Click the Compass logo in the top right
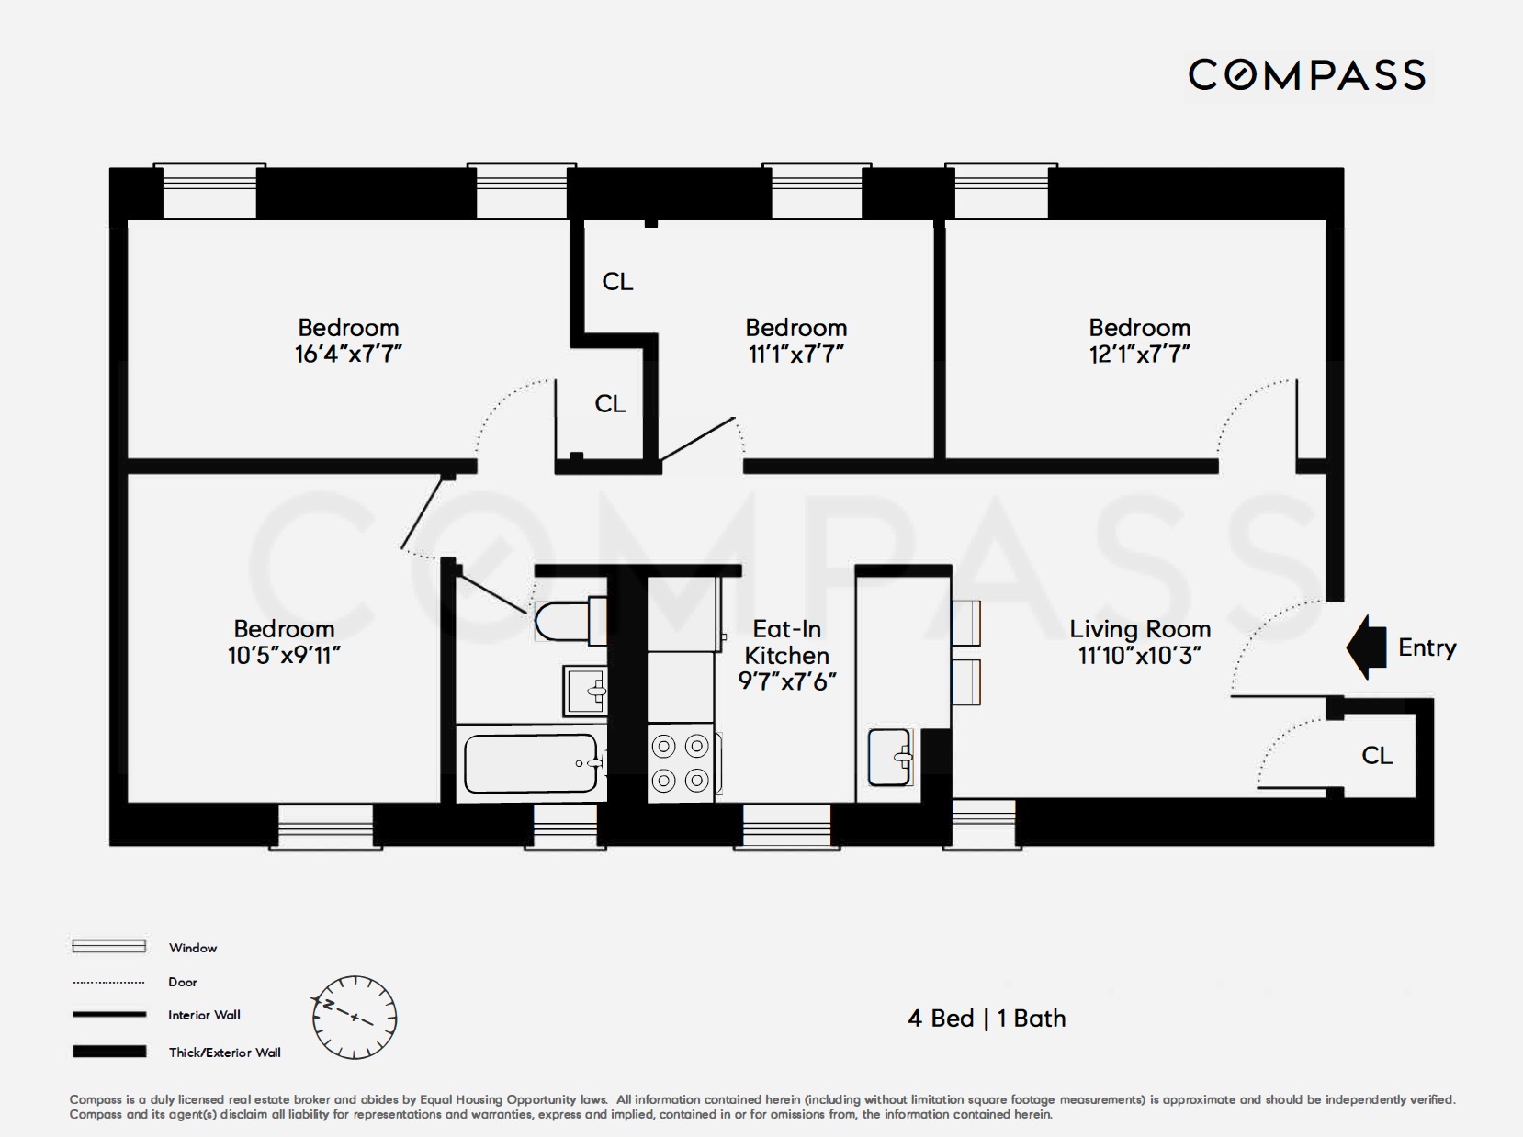[1306, 74]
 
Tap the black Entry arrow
[1366, 647]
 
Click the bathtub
[531, 763]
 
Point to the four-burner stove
[681, 762]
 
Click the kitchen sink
[889, 757]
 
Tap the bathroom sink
[584, 690]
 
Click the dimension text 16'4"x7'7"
[348, 355]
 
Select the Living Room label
[1139, 629]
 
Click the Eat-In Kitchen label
[786, 642]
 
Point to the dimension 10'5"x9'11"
[284, 656]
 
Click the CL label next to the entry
[1376, 755]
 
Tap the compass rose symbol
[355, 1017]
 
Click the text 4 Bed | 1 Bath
[987, 1019]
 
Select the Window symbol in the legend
[108, 946]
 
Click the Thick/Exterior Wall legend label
[224, 1053]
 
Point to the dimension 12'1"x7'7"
[1139, 355]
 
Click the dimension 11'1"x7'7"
[795, 355]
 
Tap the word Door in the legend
[183, 982]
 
